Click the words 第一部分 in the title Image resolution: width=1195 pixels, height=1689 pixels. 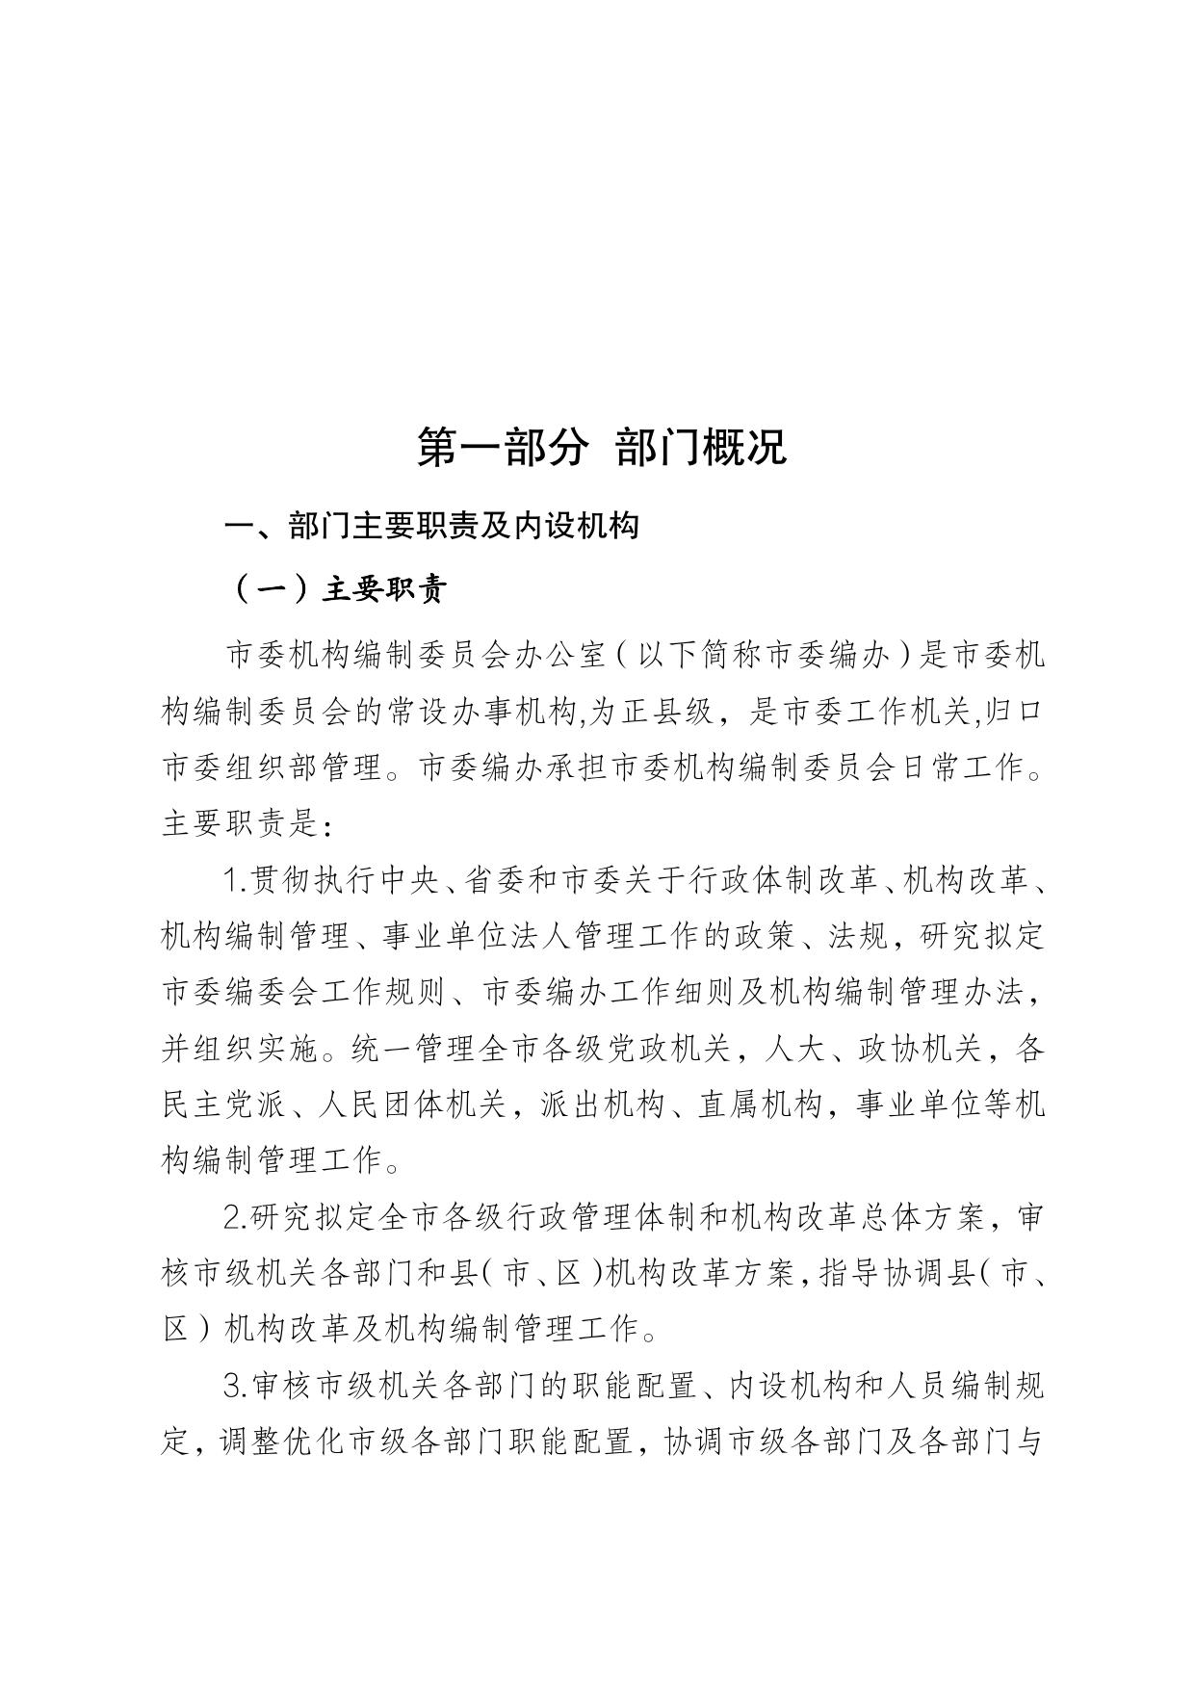[x=502, y=447]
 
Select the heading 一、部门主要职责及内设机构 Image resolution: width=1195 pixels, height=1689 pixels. [x=432, y=527]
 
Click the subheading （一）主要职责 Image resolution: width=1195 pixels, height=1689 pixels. [x=338, y=589]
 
